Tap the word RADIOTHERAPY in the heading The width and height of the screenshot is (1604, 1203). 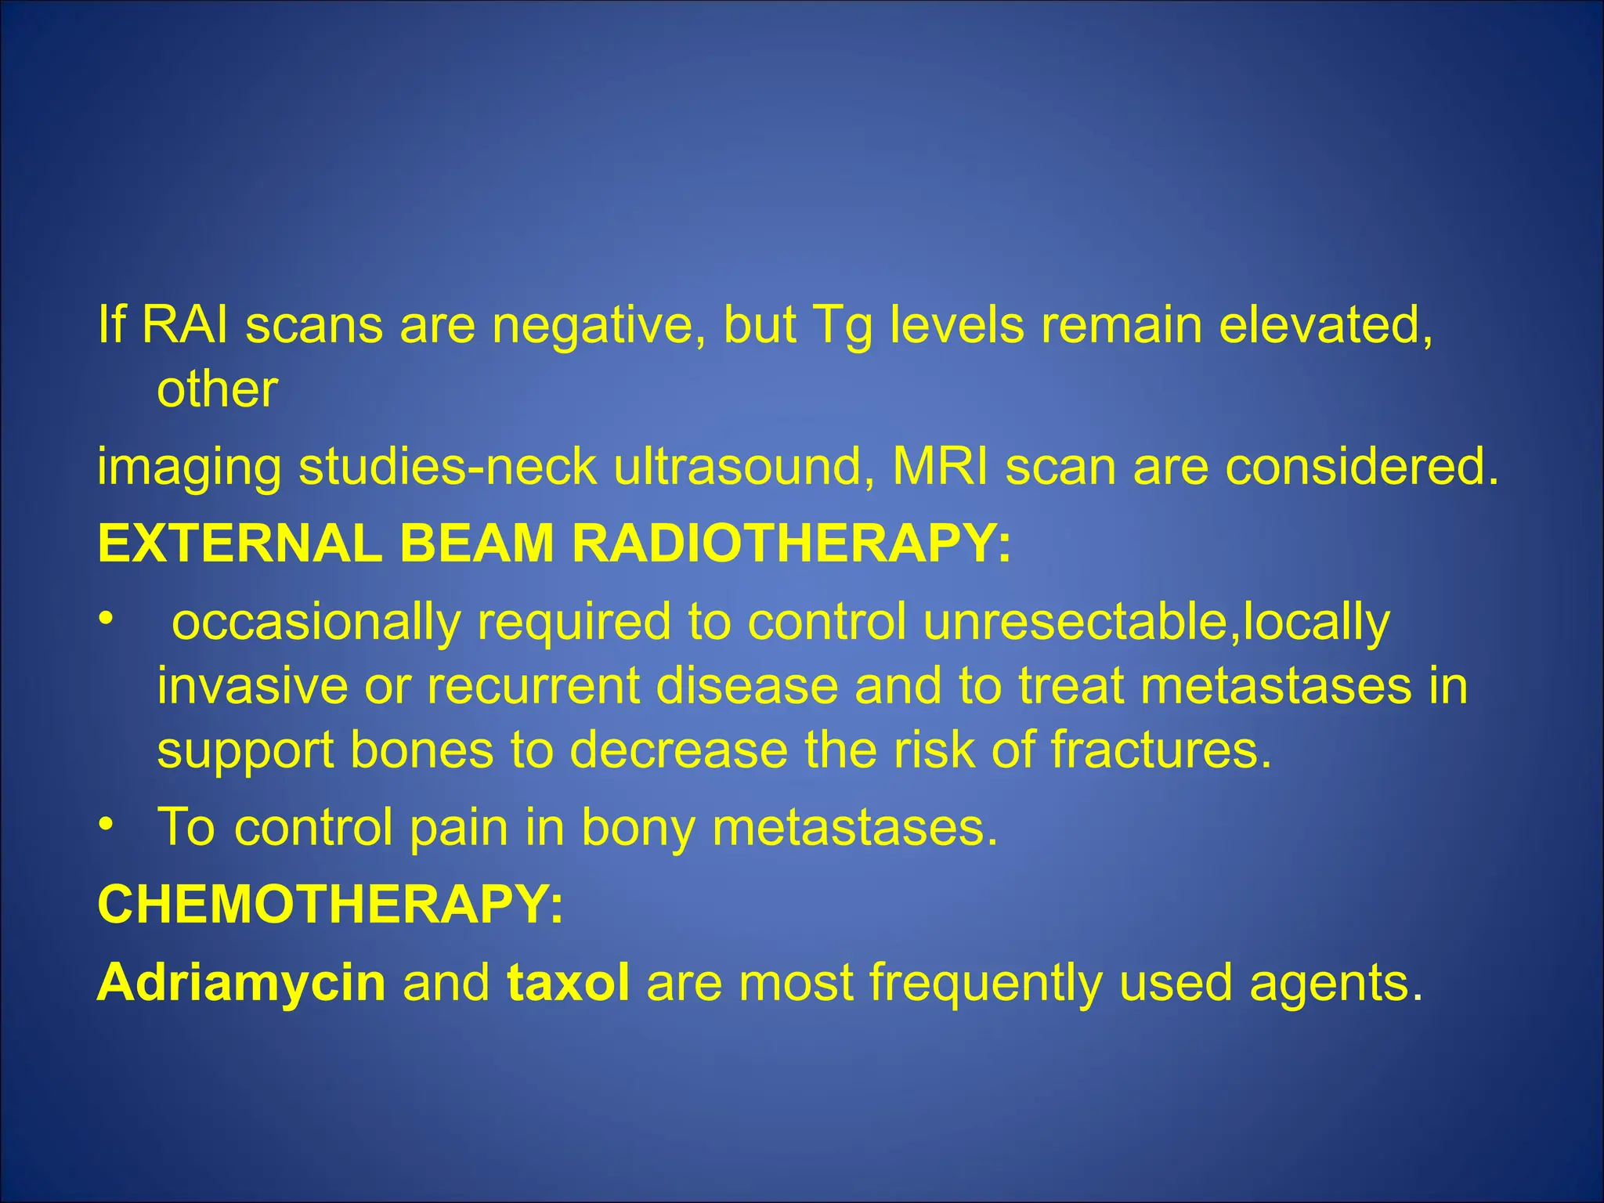coord(791,543)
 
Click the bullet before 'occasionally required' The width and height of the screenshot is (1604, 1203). coord(106,620)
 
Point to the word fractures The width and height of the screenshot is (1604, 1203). coord(1160,750)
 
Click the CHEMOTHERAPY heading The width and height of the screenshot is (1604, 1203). coord(330,904)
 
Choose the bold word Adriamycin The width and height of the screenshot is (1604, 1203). coord(241,982)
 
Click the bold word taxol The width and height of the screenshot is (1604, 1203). coord(569,982)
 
